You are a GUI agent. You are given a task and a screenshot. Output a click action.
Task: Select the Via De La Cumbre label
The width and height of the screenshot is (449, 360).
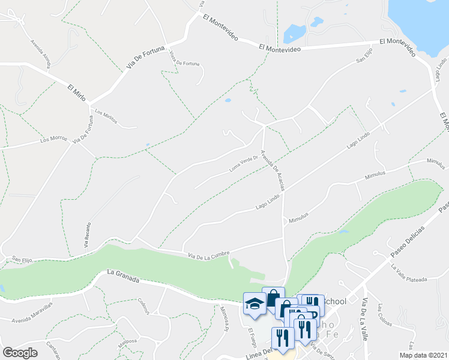tap(209, 253)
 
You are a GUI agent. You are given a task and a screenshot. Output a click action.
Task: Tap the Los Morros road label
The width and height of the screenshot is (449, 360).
tap(53, 140)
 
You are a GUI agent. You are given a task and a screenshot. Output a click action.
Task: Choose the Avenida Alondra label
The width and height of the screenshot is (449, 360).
tap(41, 53)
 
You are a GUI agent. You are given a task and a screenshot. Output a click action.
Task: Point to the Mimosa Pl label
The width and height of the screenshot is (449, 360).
tap(224, 319)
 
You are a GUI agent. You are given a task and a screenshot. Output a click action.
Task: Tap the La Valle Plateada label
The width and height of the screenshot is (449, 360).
tap(410, 274)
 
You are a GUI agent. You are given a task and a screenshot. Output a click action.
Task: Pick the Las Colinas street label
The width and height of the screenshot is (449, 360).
tap(382, 316)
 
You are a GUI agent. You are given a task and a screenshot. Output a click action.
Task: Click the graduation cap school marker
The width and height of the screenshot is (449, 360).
tap(254, 304)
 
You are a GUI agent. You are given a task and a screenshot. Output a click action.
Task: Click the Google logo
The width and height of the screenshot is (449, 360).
tap(20, 353)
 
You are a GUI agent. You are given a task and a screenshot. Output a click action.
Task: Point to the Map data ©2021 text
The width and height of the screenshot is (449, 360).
tap(423, 355)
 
